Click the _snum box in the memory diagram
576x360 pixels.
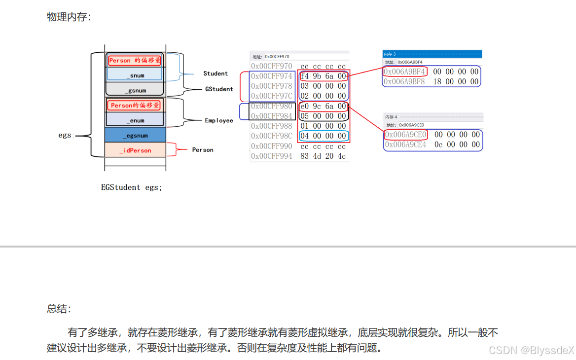[x=135, y=75]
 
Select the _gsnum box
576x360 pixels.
[x=135, y=91]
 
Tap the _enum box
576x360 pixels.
[x=135, y=120]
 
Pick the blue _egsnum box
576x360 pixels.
[x=135, y=135]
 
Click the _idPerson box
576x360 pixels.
[x=135, y=150]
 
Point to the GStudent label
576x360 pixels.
[x=219, y=89]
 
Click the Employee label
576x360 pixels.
[x=219, y=120]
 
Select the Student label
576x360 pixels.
[x=216, y=73]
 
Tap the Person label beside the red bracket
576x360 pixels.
[x=203, y=150]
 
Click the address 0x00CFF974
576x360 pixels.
[x=272, y=76]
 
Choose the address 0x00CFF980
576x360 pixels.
[x=272, y=106]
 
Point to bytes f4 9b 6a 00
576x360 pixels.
[x=323, y=76]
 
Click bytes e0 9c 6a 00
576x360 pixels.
[x=323, y=106]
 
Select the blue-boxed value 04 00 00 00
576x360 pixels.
[x=323, y=136]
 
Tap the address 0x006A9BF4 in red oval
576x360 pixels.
[x=404, y=72]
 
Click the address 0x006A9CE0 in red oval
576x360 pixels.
[x=405, y=135]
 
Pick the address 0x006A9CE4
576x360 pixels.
[x=405, y=144]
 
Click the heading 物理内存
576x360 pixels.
[x=69, y=17]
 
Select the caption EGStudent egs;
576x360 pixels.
[x=131, y=187]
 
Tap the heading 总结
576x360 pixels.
[x=59, y=309]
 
